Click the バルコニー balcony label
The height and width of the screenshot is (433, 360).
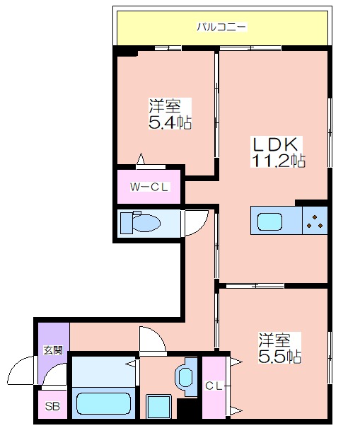coord(221,27)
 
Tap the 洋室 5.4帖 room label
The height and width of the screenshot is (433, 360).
coord(170,113)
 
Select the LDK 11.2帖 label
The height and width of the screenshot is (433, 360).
coord(278,151)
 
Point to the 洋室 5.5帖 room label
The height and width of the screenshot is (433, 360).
coord(279,348)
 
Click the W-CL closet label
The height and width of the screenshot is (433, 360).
coord(149,187)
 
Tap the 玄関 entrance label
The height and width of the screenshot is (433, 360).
coord(53,350)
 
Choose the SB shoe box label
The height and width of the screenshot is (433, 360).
coord(52,407)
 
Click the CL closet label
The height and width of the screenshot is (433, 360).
coord(214,386)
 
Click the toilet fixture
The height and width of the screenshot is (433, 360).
coord(140,222)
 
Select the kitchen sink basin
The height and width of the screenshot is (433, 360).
coord(269,221)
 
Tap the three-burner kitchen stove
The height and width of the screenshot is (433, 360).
coord(315,221)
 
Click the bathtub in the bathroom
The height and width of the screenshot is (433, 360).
coord(103,403)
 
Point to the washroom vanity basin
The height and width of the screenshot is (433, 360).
coord(186,377)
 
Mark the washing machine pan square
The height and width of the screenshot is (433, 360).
coord(158,406)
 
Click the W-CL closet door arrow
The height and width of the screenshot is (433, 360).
coord(141,159)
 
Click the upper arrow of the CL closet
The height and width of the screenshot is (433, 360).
coord(236,362)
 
